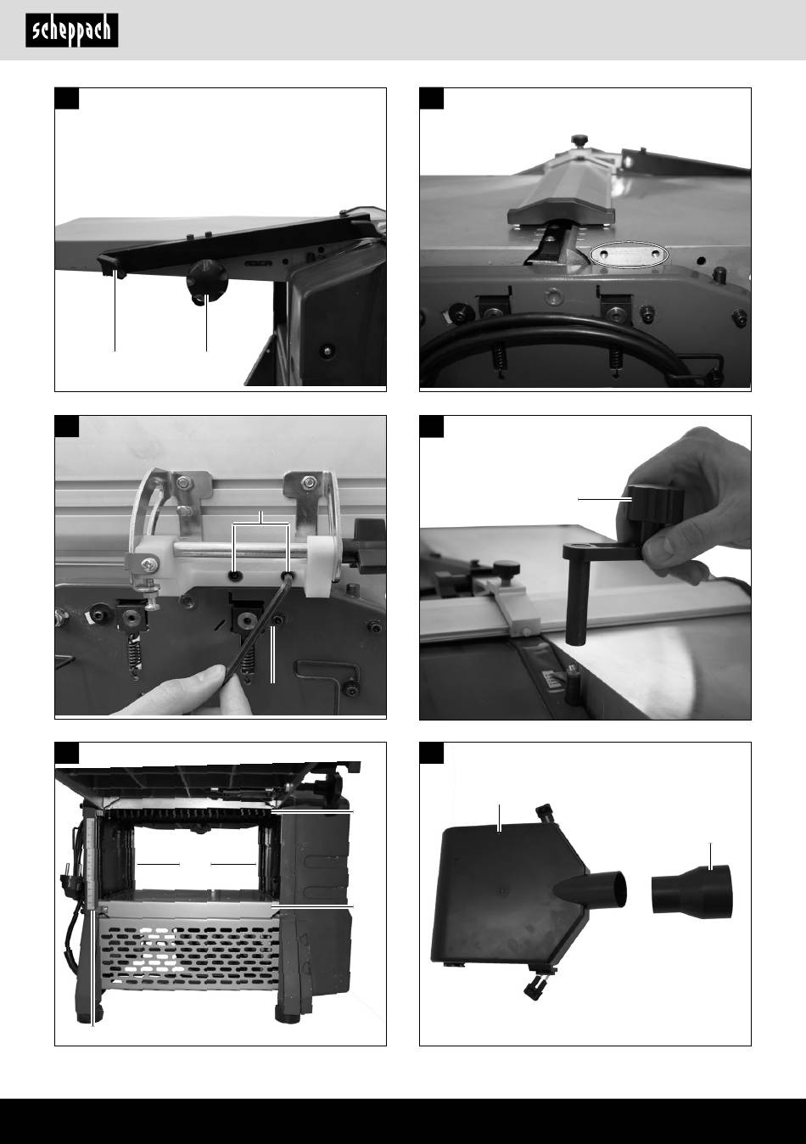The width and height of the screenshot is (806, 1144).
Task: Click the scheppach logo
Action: [72, 31]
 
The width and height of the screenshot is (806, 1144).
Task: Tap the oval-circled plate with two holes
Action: [630, 255]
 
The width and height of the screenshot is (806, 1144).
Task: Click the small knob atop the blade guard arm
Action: [579, 139]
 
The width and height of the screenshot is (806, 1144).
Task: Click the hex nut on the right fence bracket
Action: [308, 481]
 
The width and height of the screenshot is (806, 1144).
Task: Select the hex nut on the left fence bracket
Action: [182, 481]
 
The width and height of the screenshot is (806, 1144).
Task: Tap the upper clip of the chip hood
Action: [546, 812]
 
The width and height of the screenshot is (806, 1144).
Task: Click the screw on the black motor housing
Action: [326, 350]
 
